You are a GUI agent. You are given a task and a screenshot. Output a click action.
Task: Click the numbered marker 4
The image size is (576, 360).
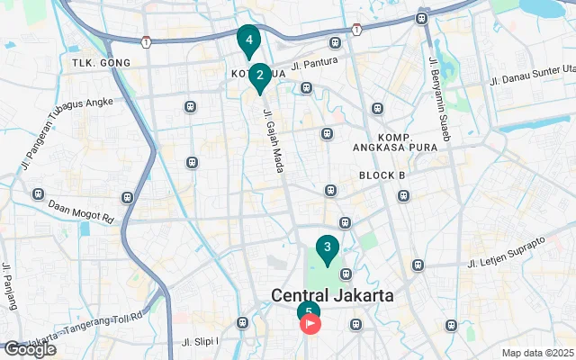pos(248,40)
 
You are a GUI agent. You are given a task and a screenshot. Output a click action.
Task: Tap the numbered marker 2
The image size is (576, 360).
pos(260,76)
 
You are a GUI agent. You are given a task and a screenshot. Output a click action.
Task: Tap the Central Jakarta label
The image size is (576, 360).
pos(333,295)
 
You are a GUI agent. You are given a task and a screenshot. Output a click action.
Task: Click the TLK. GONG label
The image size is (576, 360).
pos(102,63)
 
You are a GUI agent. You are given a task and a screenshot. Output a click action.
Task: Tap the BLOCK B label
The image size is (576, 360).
pos(382,175)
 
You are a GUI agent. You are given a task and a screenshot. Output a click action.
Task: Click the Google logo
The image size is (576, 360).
pos(30,349)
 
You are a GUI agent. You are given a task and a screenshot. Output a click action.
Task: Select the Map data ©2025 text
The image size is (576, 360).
pos(537,353)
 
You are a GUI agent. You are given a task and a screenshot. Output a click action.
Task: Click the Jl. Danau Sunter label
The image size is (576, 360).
pos(531,70)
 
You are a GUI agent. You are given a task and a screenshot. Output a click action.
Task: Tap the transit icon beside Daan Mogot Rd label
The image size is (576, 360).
pos(127,196)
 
